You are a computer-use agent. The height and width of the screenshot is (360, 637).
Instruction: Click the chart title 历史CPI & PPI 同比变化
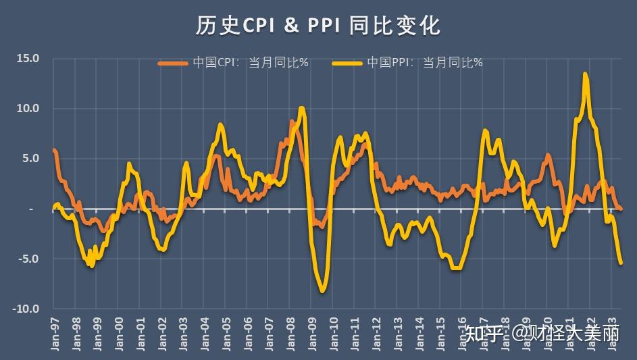coord(318,25)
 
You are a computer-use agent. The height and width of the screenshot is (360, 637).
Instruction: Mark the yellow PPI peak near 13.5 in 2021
coord(585,74)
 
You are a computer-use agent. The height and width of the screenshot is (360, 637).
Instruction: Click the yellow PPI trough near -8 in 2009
coord(323,290)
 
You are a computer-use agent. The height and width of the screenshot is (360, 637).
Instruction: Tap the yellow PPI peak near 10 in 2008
coord(301,108)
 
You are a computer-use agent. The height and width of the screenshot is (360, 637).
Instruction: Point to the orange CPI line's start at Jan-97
coord(54,150)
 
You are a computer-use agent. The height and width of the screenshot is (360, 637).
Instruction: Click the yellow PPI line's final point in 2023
coord(621,263)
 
